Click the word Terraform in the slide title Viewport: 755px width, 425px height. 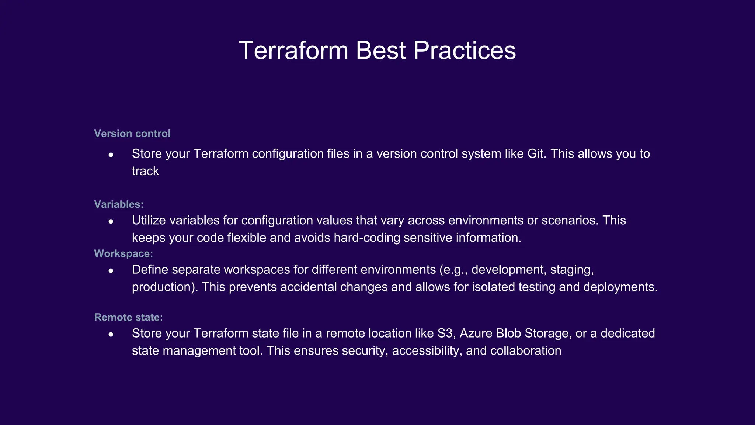293,51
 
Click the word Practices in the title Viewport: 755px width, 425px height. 465,51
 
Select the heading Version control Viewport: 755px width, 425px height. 132,134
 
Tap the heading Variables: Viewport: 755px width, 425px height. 119,204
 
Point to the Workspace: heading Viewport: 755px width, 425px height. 123,253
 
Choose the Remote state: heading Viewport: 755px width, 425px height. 128,317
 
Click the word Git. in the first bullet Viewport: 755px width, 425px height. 537,154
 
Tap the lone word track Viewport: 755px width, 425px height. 145,171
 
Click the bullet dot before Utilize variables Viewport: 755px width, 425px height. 111,221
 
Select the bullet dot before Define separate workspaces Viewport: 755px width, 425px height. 111,271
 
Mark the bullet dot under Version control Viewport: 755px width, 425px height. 111,155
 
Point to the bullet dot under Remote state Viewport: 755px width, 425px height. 111,335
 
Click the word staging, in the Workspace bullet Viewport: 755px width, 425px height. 572,270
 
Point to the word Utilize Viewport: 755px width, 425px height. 149,220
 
